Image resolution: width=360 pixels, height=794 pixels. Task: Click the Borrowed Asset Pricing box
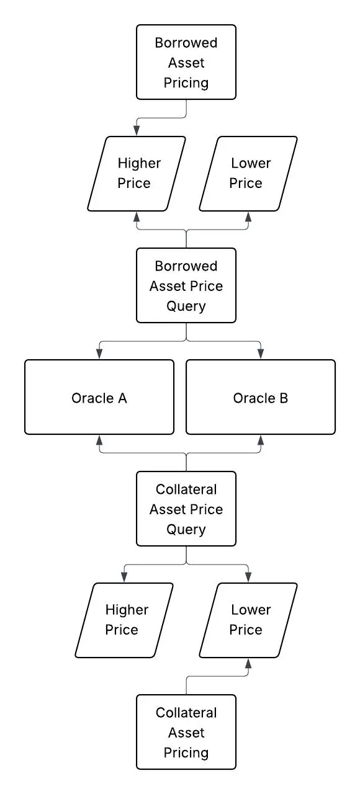click(x=186, y=62)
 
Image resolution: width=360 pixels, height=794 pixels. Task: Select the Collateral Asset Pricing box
click(x=186, y=732)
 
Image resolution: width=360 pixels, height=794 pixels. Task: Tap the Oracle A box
click(x=99, y=397)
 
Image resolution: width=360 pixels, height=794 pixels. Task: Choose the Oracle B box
click(x=261, y=397)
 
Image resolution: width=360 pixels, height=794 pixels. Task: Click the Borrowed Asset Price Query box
click(x=186, y=285)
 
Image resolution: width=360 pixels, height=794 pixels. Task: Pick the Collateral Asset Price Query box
click(x=186, y=509)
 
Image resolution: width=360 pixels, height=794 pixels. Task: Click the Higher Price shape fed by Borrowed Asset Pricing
click(x=137, y=174)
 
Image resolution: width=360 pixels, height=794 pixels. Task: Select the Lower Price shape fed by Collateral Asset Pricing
click(x=248, y=620)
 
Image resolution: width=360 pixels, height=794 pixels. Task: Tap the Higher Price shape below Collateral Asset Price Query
click(x=124, y=620)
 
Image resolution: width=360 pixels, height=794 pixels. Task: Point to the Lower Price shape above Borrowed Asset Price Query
click(x=248, y=174)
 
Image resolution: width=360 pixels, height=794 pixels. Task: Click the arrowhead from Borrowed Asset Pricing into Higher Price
click(x=137, y=131)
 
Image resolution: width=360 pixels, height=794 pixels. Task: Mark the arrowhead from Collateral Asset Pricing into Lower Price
click(x=248, y=663)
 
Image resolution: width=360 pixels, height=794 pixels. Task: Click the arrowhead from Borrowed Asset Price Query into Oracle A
click(x=99, y=354)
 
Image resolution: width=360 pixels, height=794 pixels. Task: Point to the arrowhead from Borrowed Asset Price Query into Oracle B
click(x=261, y=354)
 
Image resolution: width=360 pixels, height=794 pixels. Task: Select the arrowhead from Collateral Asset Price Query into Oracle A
click(x=99, y=440)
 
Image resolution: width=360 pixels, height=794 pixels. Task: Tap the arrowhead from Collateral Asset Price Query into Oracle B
click(x=261, y=440)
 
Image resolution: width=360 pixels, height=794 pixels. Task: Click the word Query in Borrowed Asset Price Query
click(x=186, y=306)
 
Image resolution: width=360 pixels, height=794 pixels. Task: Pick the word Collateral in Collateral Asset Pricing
click(x=186, y=713)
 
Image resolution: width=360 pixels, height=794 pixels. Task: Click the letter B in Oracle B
click(x=284, y=398)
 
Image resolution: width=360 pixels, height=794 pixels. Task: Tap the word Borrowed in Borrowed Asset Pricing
click(x=186, y=43)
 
